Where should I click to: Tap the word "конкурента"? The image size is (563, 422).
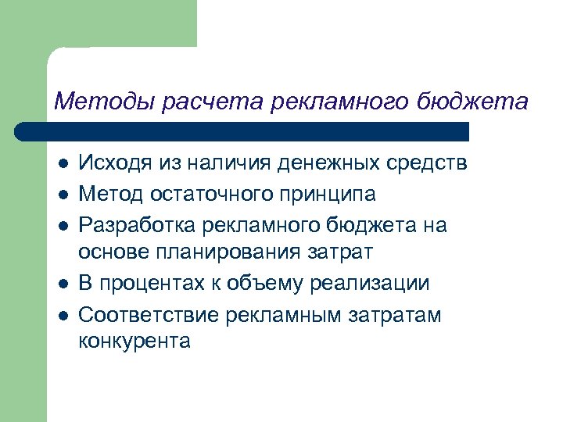coord(134,342)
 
